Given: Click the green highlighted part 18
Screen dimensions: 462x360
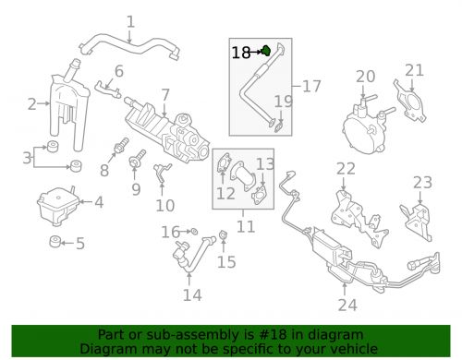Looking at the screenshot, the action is (266, 51).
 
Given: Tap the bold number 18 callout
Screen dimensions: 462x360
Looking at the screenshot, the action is (241, 53).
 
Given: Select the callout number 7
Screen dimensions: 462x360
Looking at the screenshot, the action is (165, 95).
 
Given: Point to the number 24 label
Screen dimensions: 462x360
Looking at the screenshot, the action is (347, 305).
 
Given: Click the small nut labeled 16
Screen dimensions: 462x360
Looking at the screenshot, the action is (194, 232).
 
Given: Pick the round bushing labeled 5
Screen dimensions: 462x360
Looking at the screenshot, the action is (55, 242).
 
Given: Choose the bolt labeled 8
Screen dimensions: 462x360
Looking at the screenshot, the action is (121, 146).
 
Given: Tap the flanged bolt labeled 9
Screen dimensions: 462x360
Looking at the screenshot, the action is (138, 158).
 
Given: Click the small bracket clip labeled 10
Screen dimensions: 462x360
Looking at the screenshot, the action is (162, 174).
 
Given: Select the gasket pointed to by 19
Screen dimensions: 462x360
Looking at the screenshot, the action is (279, 126).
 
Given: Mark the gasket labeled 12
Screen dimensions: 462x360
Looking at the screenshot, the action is (224, 163).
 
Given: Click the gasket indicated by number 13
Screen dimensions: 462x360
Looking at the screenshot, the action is (259, 196).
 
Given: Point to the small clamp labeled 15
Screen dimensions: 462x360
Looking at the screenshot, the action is (223, 235).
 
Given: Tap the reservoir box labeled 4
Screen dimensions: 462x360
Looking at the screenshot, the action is (58, 206).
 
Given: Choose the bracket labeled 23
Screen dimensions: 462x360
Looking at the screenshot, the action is (418, 222).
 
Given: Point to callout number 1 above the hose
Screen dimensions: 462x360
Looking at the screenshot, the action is (131, 22).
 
